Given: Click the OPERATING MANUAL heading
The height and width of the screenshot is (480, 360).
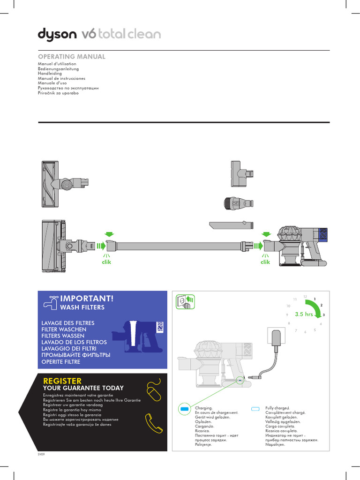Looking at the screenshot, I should click(x=71, y=57).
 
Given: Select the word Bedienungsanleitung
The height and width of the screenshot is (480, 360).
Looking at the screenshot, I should click(x=58, y=69).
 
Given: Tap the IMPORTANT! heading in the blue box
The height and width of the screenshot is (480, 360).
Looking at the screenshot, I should click(x=87, y=299).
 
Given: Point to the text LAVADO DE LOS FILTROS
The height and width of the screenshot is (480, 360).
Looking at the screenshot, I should click(x=74, y=343).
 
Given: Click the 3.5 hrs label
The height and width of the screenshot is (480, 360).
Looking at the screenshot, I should click(x=303, y=315).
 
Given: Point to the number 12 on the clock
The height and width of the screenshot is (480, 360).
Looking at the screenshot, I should click(x=305, y=297).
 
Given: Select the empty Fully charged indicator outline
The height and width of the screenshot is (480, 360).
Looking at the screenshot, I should click(x=255, y=409).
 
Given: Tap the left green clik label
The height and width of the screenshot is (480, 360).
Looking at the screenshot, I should click(x=107, y=262).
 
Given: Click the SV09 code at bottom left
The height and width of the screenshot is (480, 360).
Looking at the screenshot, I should click(x=41, y=454).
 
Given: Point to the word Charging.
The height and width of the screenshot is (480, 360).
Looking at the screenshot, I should click(x=202, y=409).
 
